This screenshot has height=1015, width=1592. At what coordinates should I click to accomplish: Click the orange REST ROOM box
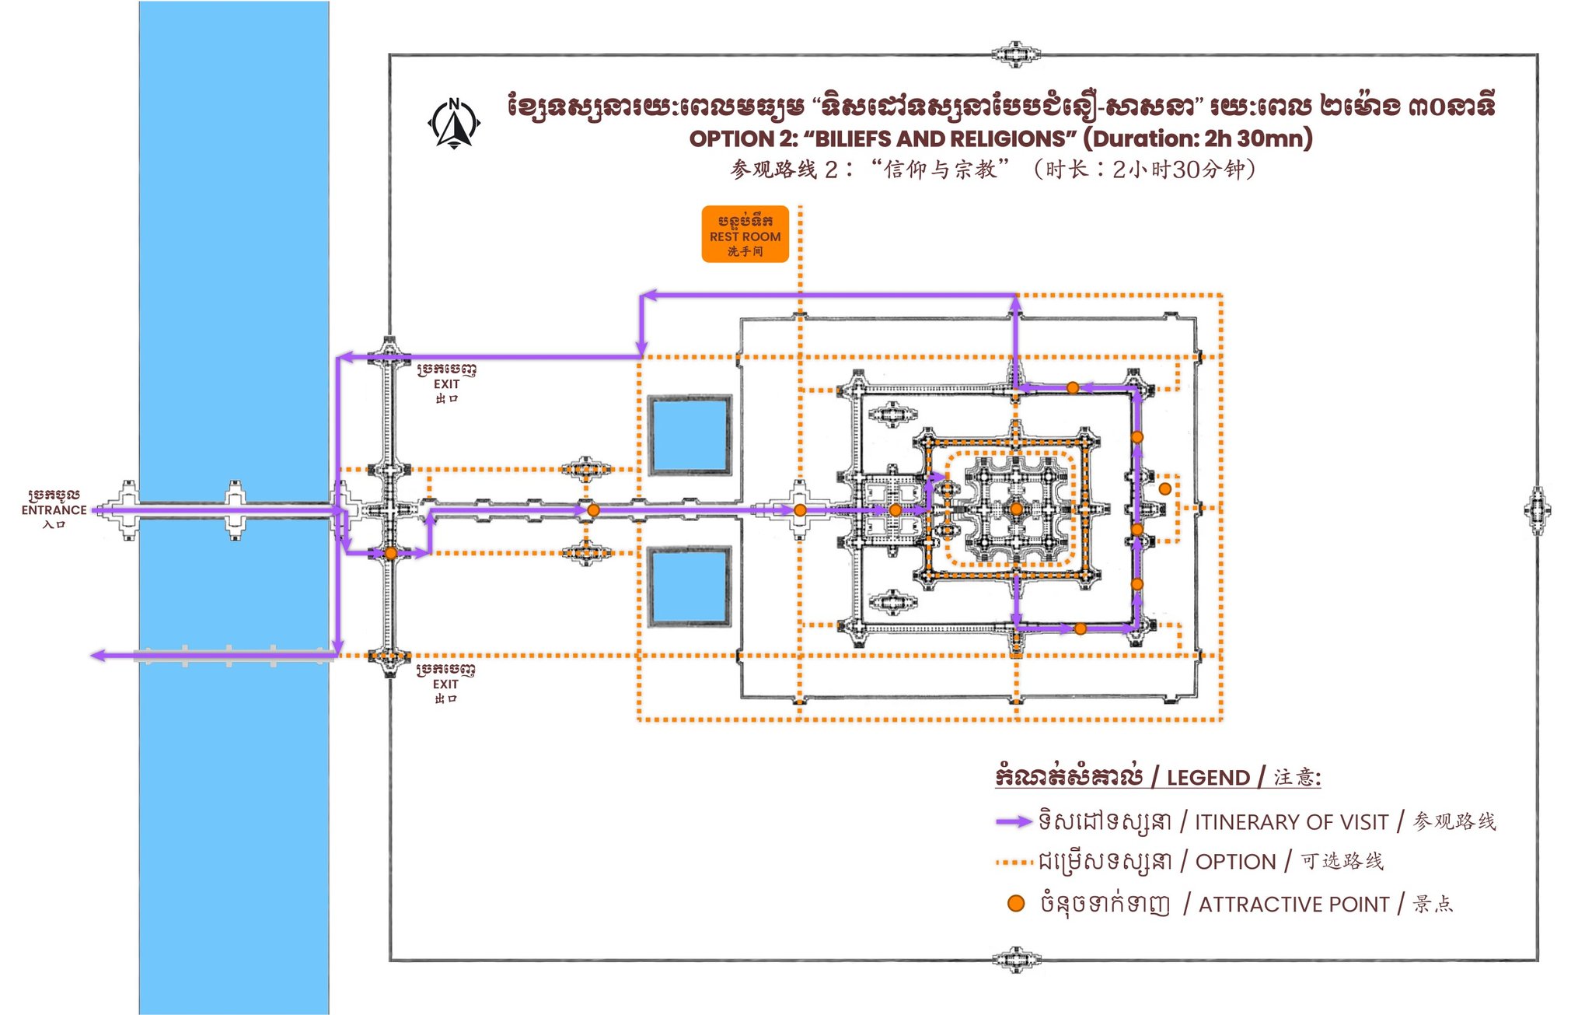tap(745, 234)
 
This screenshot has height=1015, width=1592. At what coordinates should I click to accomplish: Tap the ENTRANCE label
tap(54, 510)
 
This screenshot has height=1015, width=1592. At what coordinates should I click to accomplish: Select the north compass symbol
tap(454, 123)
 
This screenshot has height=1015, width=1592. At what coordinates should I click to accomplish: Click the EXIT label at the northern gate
tap(446, 384)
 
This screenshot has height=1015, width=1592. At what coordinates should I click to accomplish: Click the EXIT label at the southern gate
tap(445, 684)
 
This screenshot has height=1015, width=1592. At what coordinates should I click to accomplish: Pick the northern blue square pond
tap(690, 436)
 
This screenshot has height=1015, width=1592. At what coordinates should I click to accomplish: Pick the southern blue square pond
tap(690, 586)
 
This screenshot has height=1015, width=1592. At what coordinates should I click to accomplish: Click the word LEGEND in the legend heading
tap(1208, 778)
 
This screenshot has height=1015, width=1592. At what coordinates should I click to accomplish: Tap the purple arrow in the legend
tap(1014, 821)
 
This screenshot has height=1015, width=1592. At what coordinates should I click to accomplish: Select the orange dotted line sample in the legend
tap(1014, 863)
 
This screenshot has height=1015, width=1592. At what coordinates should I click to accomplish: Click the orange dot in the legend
tap(1015, 904)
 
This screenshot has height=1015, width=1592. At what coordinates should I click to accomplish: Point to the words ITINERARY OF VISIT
tap(1290, 822)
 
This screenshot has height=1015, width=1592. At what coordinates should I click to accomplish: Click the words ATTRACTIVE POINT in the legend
tap(1293, 905)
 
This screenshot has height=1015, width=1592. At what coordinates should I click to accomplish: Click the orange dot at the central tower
tap(1015, 509)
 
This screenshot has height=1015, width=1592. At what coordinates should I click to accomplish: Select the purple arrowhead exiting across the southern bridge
tap(98, 656)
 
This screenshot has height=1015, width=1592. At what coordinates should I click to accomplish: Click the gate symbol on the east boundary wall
tap(1537, 510)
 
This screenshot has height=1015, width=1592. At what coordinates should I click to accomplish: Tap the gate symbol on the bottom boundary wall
tap(1015, 960)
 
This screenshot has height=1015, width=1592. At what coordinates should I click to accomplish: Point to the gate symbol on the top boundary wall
tap(1015, 54)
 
